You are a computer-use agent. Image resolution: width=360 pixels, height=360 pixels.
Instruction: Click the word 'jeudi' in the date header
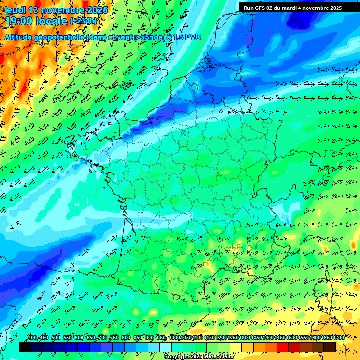[15, 10]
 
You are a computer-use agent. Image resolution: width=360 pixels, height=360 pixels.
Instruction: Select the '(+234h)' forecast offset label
[83, 21]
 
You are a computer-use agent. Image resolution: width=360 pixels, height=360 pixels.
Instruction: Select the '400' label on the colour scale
[32, 338]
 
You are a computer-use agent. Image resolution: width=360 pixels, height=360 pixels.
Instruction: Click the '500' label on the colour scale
[56, 338]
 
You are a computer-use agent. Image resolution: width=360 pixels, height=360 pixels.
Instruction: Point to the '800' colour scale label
[126, 338]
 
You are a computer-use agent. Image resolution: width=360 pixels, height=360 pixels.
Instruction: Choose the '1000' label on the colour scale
[174, 338]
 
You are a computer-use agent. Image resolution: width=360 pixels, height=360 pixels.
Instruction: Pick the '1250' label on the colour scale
[233, 338]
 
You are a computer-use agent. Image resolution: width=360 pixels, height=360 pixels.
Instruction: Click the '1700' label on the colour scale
[338, 338]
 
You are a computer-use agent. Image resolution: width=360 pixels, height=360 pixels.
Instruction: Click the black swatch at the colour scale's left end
[24, 347]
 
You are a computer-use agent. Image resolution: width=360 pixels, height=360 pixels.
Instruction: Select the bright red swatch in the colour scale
[282, 347]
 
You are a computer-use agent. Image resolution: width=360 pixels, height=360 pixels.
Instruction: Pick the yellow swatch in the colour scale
[235, 347]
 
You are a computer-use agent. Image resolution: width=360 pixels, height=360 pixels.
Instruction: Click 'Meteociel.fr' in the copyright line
[218, 357]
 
